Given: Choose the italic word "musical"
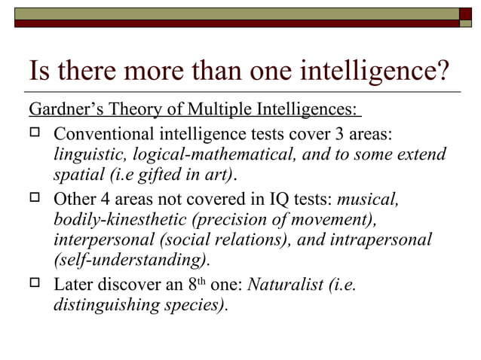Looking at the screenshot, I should [x=368, y=200].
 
